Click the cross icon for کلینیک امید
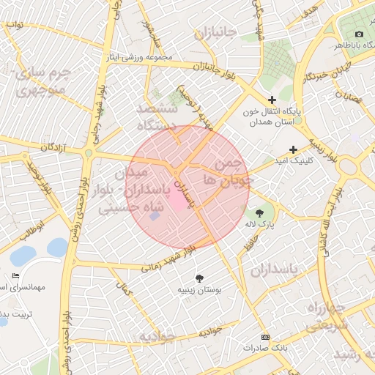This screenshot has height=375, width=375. tap(293, 149)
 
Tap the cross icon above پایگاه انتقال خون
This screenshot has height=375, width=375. tap(272, 100)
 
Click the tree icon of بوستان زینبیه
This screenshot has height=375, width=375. tap(199, 278)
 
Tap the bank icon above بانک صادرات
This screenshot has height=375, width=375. tap(265, 336)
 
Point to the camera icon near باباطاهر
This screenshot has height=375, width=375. tap(359, 34)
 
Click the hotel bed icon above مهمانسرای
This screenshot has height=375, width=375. tap(16, 275)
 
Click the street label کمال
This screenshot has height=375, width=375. tap(127, 290)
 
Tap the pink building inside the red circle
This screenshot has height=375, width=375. tap(179, 201)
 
